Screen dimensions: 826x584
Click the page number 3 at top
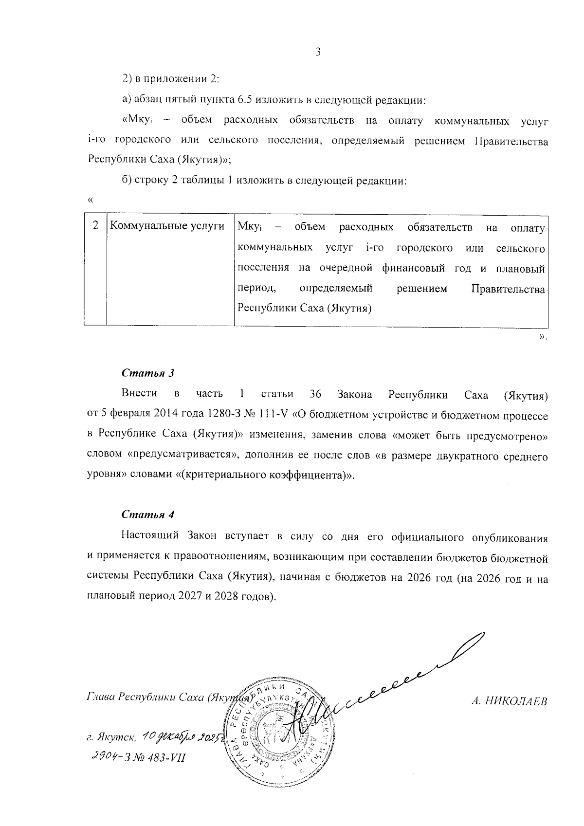click(318, 52)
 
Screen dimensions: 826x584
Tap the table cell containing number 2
click(96, 225)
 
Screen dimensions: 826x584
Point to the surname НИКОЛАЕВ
click(518, 701)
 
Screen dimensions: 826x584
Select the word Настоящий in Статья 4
click(150, 537)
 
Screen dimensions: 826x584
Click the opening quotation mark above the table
click(89, 200)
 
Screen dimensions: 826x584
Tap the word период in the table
click(257, 288)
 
